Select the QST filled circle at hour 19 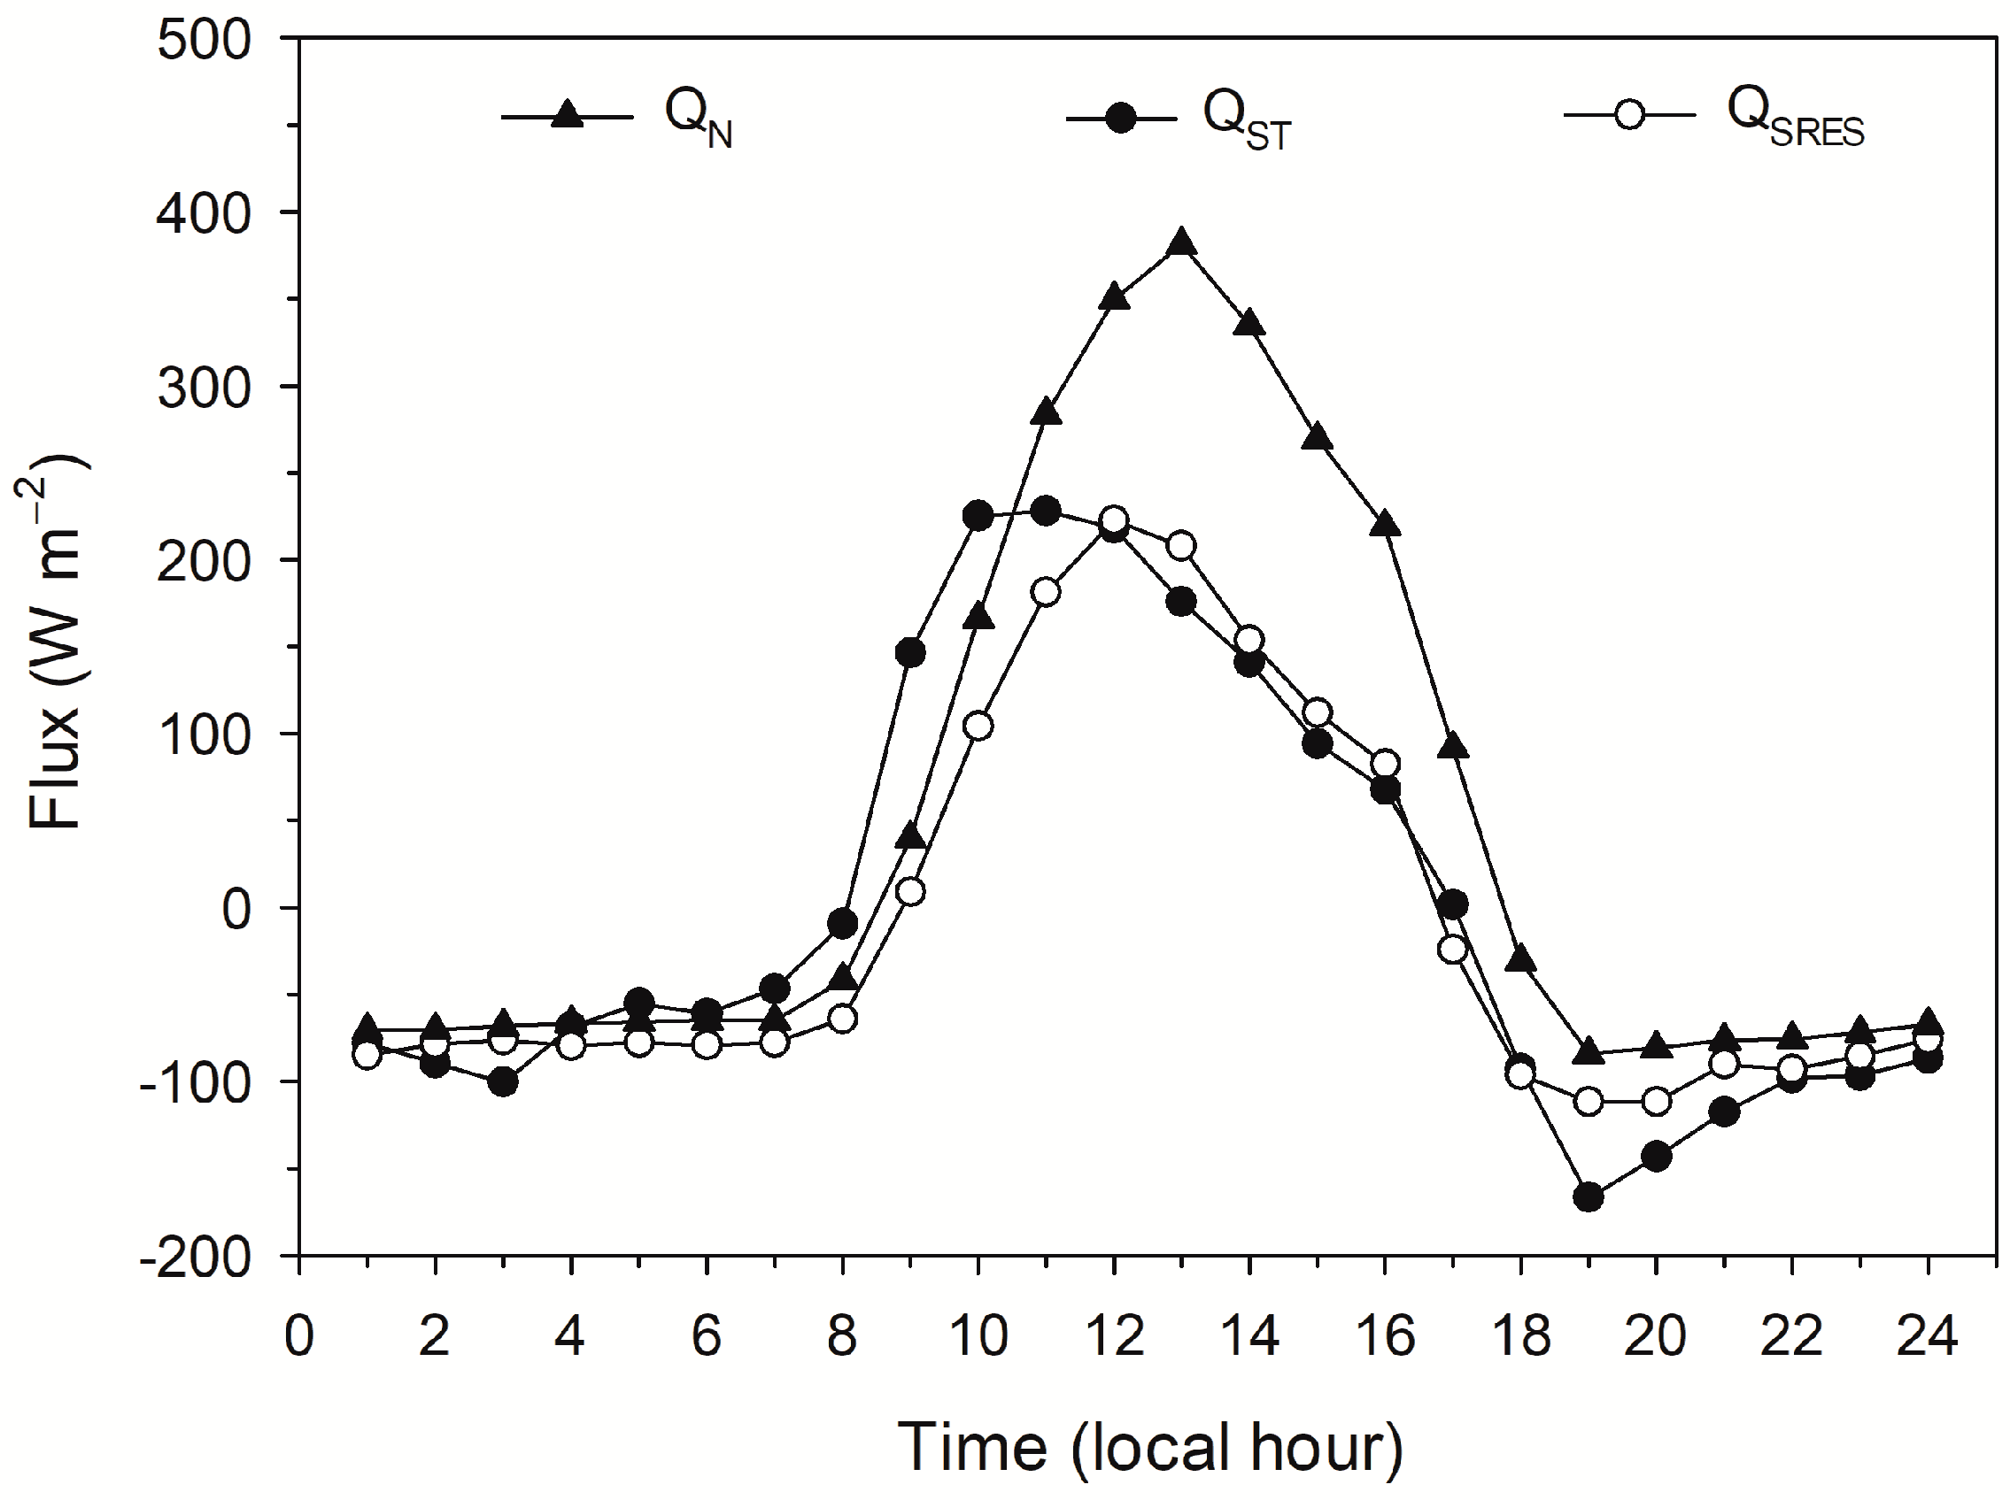pos(1588,1196)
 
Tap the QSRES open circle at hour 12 pos(1114,520)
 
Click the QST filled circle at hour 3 pos(502,1081)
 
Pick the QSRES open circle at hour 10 pos(978,726)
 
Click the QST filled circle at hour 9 pos(910,653)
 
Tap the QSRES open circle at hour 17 pos(1452,949)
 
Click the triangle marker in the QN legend pos(568,115)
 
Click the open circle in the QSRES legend pos(1629,115)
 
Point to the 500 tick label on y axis pos(204,41)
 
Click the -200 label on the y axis pos(195,1258)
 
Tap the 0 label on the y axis pos(236,910)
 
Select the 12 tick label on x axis pos(1114,1337)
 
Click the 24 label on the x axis pos(1928,1337)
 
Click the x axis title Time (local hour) pos(1149,1447)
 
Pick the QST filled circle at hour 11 pos(1046,512)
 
